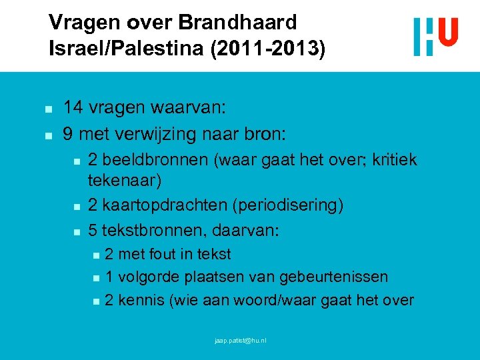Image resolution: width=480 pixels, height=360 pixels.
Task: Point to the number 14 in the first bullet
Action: (x=73, y=108)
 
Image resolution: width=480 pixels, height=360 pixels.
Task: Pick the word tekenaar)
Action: (x=125, y=180)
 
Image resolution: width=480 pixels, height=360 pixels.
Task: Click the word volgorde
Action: (x=148, y=277)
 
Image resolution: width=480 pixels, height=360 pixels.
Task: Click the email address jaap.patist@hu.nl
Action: (x=240, y=341)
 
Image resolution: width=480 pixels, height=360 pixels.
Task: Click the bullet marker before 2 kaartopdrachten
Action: (x=77, y=205)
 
